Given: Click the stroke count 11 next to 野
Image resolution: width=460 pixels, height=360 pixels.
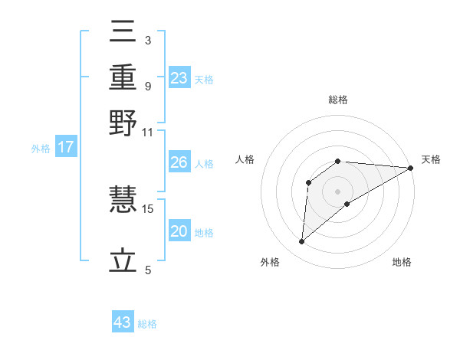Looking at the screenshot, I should (148, 132).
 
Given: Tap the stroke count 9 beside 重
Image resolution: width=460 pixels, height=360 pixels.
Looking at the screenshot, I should (147, 86).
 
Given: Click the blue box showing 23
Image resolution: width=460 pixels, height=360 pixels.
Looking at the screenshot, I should (179, 78).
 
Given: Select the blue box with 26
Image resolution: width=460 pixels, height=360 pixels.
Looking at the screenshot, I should (179, 162).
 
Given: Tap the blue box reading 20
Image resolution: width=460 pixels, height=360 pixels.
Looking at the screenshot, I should (179, 231).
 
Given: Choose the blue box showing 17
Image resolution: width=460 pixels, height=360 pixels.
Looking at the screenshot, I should (65, 147).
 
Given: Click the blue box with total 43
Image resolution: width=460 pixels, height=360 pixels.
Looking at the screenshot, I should (123, 322).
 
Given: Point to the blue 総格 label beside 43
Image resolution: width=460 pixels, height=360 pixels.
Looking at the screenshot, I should (147, 324).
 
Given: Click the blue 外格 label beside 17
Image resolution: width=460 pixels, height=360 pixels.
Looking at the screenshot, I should (40, 149).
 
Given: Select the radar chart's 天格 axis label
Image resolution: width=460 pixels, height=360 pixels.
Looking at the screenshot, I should (432, 159).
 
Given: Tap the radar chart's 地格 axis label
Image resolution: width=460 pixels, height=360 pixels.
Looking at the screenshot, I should (402, 263).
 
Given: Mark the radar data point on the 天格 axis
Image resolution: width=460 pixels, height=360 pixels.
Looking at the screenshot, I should (411, 169).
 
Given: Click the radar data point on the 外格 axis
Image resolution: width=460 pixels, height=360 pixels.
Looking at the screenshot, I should (302, 242).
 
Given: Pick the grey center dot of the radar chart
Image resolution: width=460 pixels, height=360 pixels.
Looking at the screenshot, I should (338, 191).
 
